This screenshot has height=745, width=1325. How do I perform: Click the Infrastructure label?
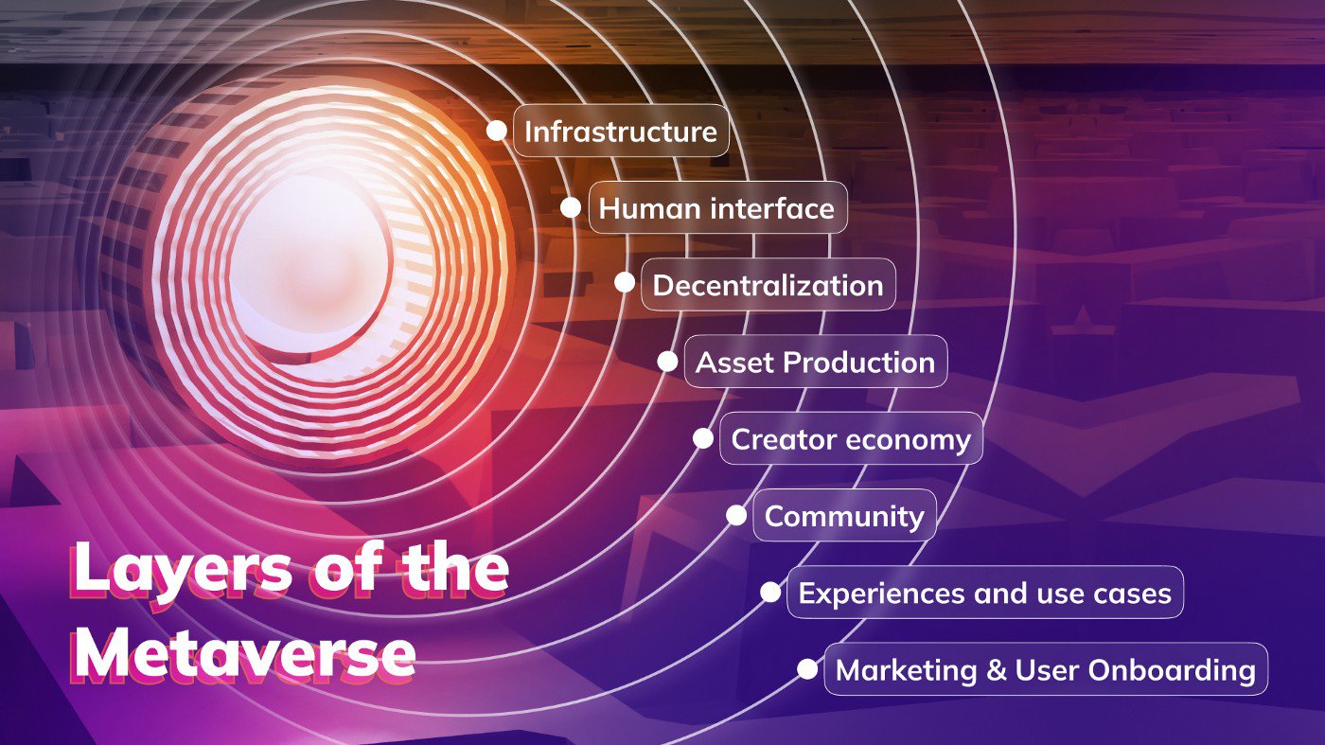point(621,131)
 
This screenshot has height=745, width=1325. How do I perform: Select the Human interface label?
point(717,207)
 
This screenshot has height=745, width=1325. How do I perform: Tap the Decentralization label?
point(768,285)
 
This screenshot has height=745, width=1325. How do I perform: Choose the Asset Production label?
point(815,362)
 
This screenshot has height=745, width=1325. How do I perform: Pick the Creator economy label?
point(851,438)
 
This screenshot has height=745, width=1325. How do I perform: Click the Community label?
point(844,515)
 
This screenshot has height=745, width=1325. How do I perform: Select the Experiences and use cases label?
point(985,593)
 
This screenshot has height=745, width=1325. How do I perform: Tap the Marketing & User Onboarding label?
point(1046,669)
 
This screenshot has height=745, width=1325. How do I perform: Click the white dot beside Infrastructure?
point(496,131)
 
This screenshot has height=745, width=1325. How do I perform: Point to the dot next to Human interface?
point(571,207)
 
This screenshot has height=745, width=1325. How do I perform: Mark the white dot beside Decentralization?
point(625,282)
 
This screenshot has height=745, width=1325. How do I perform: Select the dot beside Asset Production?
point(668,362)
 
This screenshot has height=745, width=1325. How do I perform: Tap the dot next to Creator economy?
point(703,438)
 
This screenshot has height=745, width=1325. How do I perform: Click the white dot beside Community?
point(736,515)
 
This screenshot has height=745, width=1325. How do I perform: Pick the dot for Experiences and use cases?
point(770,593)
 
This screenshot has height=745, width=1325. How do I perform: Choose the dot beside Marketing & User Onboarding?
point(807,669)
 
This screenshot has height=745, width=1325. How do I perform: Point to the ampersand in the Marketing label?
point(997,670)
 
